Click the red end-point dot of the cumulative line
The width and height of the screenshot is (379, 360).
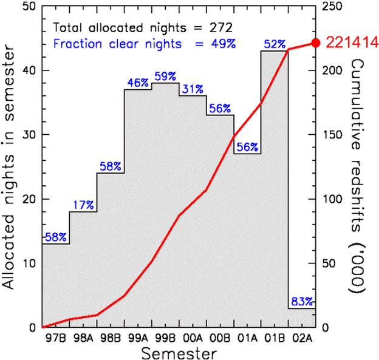[x=315, y=42]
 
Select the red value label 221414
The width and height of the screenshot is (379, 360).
[x=352, y=42]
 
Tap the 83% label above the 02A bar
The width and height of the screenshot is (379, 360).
[x=302, y=301]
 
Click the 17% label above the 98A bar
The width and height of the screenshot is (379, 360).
[x=83, y=205]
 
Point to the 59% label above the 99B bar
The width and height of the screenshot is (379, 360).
[x=165, y=76]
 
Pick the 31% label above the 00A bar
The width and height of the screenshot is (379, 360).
[x=193, y=89]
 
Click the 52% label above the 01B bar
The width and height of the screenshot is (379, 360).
[x=275, y=44]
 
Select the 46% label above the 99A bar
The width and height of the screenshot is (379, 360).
[x=138, y=83]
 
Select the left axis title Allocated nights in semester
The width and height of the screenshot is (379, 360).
[x=10, y=166]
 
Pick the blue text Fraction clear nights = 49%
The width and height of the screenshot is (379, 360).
[x=145, y=43]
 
